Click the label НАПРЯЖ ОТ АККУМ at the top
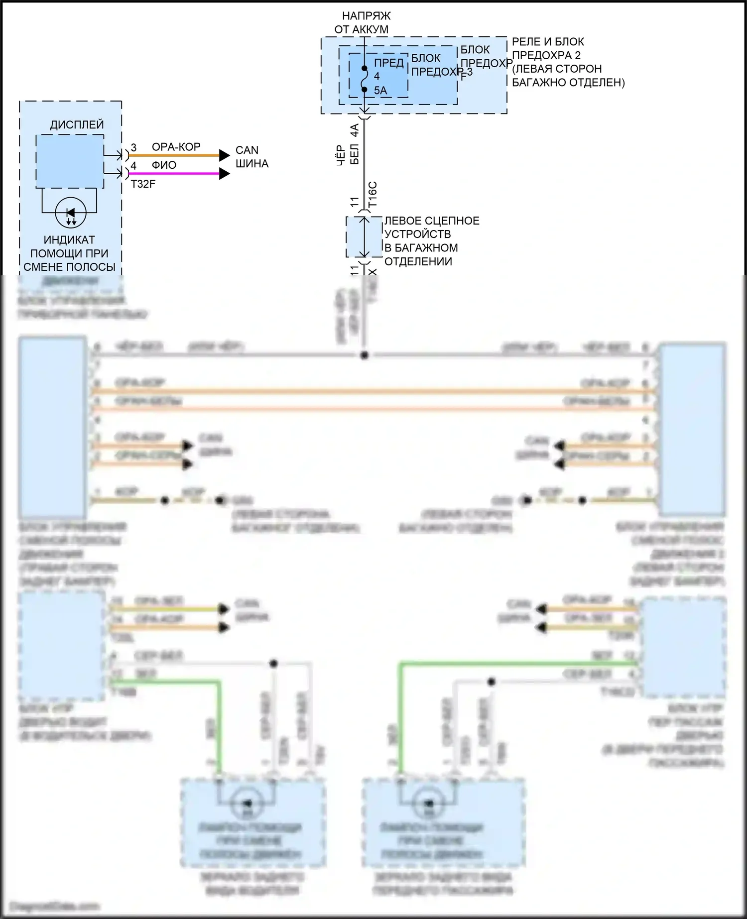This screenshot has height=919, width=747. (362, 23)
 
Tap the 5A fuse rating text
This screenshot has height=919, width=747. (380, 91)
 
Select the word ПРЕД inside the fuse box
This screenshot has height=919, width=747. (388, 63)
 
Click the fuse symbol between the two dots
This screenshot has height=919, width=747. (365, 79)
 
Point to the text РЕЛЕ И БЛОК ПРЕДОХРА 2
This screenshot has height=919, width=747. (548, 49)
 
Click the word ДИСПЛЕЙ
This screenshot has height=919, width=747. (77, 124)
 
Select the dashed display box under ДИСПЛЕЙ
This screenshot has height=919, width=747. (70, 161)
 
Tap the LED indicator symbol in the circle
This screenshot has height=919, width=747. (71, 213)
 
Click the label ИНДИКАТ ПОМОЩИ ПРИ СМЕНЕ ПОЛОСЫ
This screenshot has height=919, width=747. (69, 253)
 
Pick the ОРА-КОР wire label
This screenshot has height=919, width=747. (176, 147)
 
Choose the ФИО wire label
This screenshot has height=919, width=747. (164, 165)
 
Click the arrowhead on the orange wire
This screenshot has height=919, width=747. (224, 156)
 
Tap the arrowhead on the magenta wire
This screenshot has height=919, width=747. (224, 174)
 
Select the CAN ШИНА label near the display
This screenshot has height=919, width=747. (251, 157)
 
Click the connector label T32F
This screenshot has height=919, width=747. (143, 184)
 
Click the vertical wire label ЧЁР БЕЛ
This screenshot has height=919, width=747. (348, 155)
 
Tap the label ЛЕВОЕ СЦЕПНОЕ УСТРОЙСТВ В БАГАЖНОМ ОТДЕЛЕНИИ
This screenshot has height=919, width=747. (431, 241)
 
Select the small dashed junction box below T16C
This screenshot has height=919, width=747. (364, 237)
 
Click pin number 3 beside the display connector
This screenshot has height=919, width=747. (133, 148)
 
